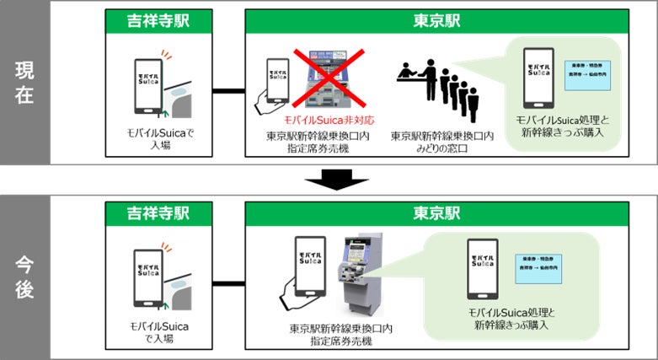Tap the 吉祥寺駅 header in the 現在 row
(158, 20)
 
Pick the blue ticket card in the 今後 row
(541, 266)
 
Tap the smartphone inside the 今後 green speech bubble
(481, 268)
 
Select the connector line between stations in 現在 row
(226, 89)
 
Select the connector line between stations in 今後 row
(226, 282)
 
